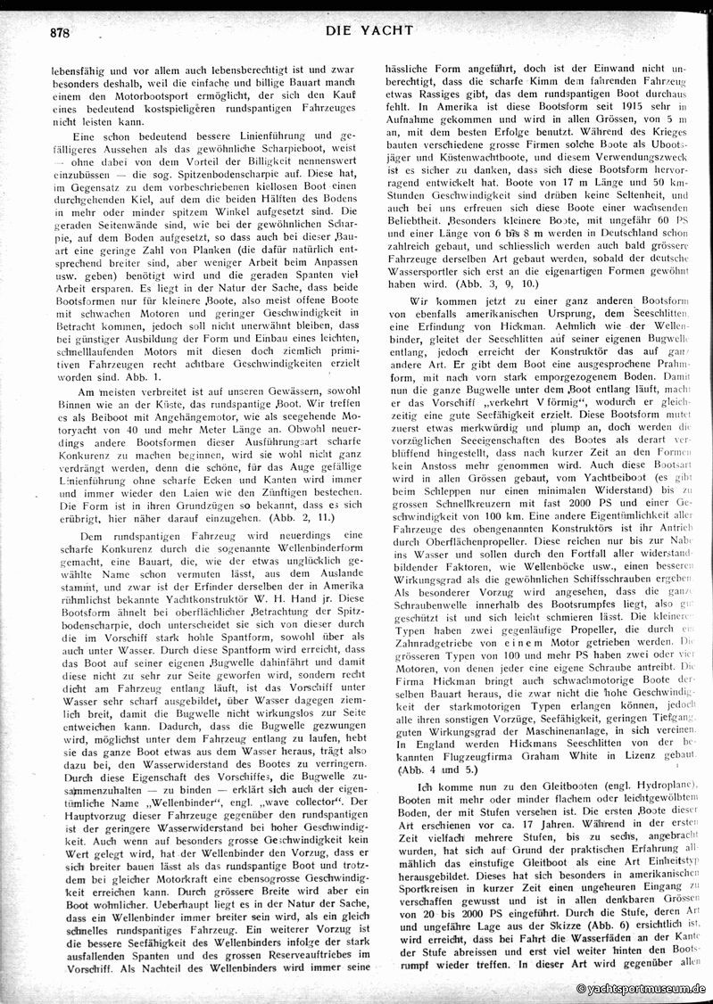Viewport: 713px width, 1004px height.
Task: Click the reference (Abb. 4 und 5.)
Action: pos(427,769)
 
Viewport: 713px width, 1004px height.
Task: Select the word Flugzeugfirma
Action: pos(500,755)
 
